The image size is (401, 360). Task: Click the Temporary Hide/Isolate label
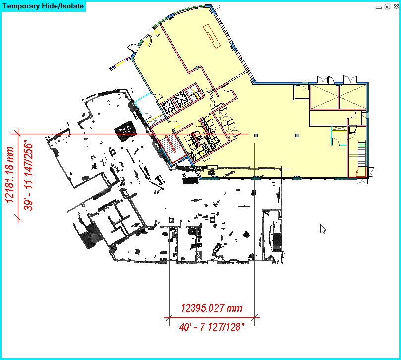(x=43, y=6)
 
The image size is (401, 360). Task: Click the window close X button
(x=396, y=7)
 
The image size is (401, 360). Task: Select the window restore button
(x=387, y=7)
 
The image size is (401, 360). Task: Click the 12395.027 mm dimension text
(x=212, y=308)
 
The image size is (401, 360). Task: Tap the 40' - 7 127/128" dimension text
(x=212, y=327)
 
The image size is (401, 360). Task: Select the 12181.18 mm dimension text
(x=9, y=175)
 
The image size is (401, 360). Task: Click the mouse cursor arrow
(x=323, y=229)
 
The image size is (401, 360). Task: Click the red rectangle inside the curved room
(x=212, y=36)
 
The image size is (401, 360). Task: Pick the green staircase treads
(x=362, y=145)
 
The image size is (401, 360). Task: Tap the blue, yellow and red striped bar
(x=119, y=64)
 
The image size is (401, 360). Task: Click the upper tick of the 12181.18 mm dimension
(x=18, y=134)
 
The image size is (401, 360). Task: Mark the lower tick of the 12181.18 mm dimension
(x=18, y=218)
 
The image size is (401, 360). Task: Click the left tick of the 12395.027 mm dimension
(x=169, y=318)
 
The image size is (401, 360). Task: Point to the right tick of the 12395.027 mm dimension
(x=254, y=318)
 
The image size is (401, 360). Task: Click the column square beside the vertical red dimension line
(x=256, y=135)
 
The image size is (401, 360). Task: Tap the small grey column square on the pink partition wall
(x=197, y=68)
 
